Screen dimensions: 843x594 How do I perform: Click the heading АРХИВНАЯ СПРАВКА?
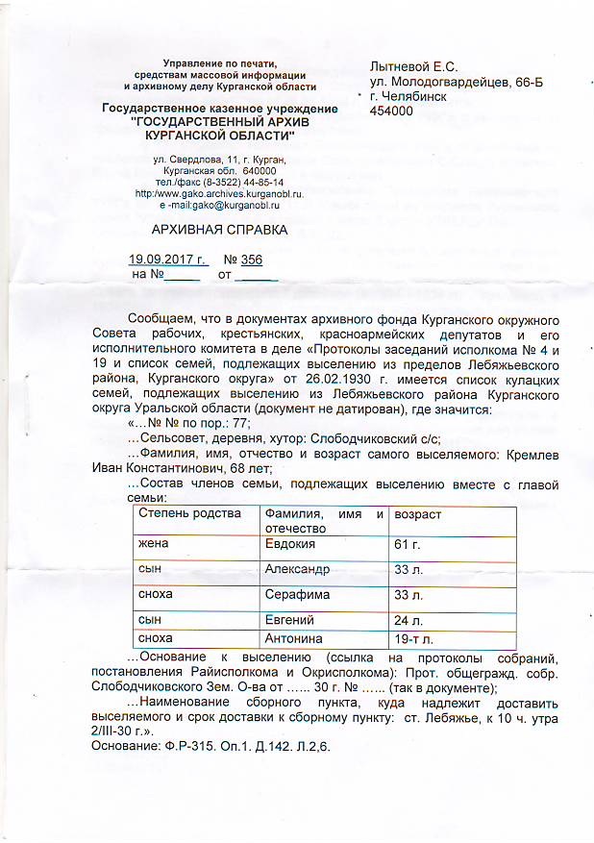coord(219,231)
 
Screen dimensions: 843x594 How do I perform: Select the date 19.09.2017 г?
coord(167,260)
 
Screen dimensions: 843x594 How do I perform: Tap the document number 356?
coord(253,260)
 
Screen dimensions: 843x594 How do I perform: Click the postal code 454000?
coord(391,112)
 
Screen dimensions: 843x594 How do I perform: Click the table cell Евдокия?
coord(290,544)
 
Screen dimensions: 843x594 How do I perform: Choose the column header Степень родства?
coord(189,514)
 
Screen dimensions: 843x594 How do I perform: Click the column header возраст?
coord(418,514)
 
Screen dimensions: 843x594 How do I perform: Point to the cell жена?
coord(154,544)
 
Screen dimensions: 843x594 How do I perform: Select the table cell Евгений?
coord(289,620)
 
